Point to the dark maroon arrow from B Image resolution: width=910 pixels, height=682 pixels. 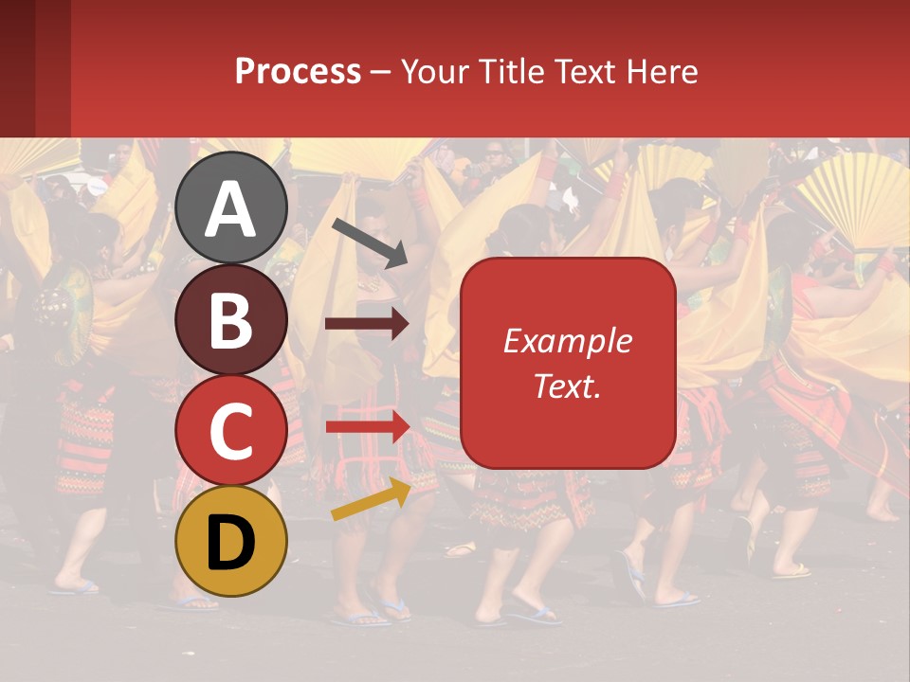click(x=367, y=325)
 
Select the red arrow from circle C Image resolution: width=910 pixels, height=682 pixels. click(x=367, y=427)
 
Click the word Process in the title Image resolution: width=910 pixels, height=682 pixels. click(x=298, y=71)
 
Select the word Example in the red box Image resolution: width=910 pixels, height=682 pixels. click(x=567, y=341)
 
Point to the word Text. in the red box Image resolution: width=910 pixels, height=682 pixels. click(x=567, y=386)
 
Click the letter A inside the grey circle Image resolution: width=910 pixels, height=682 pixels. click(x=230, y=209)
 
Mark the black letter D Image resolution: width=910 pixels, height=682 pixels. click(x=230, y=543)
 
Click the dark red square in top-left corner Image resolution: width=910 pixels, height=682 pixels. click(x=35, y=68)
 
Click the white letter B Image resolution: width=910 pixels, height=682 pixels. click(x=230, y=320)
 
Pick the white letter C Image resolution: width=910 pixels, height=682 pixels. click(x=230, y=432)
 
